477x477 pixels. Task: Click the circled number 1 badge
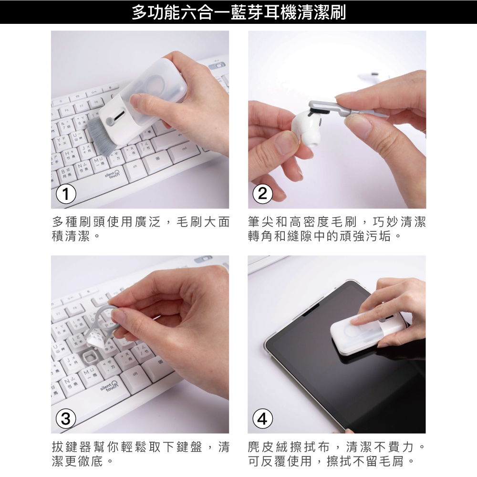tap(66, 194)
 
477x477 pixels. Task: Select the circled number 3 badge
tap(66, 419)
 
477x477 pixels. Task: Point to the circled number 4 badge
tap(262, 419)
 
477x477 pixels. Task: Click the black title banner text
tap(238, 12)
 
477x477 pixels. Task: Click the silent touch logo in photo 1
tap(112, 174)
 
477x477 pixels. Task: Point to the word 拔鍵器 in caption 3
tap(72, 447)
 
